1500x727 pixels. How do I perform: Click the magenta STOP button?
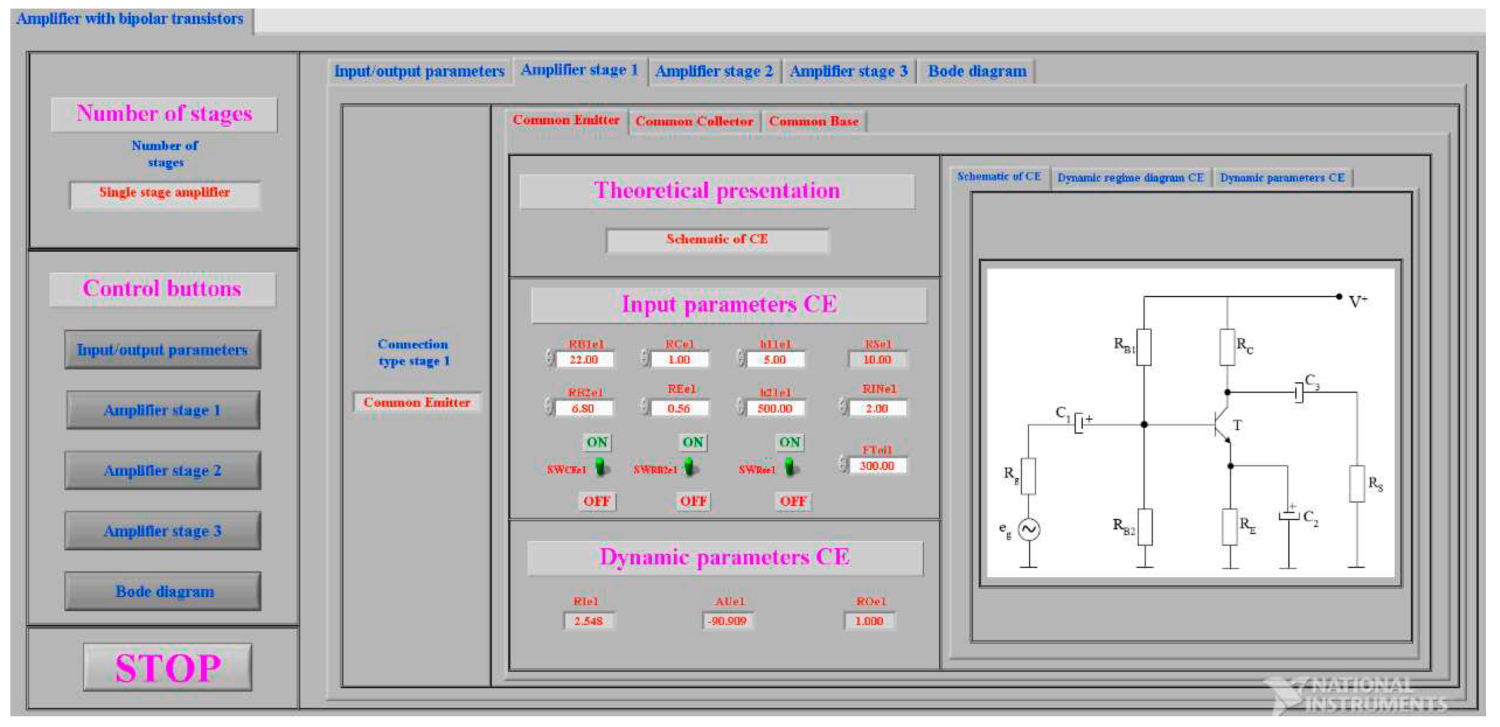click(x=167, y=667)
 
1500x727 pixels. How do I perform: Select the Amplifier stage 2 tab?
click(x=714, y=72)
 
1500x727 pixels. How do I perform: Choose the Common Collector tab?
click(x=694, y=122)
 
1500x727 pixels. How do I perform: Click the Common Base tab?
click(x=814, y=122)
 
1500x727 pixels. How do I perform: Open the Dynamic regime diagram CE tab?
click(x=1130, y=178)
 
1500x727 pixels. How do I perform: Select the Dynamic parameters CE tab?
click(x=1282, y=178)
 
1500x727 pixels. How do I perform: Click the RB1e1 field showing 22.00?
click(x=584, y=360)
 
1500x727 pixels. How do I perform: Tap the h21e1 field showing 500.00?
click(x=775, y=408)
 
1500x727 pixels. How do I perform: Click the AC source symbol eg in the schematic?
click(x=1029, y=530)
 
